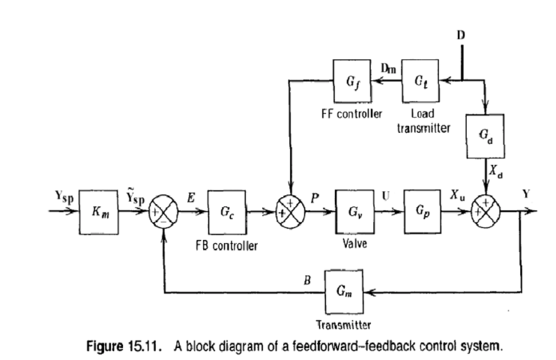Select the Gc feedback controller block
(x=223, y=211)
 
